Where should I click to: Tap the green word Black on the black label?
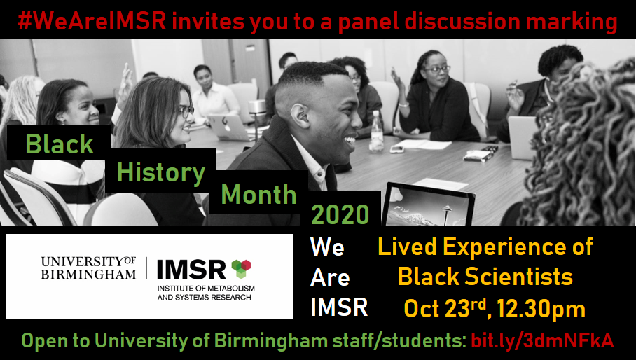pos(60,144)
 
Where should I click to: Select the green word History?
pos(161,172)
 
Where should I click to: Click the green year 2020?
pos(340,215)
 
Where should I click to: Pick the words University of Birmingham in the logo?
pos(88,268)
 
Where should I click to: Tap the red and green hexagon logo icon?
pos(241,268)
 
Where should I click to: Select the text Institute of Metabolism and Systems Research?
pos(206,293)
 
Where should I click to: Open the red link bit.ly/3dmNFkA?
pos(542,341)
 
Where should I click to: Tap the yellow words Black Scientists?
pos(485,277)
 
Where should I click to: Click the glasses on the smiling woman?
pos(184,111)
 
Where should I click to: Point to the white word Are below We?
pos(330,277)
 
